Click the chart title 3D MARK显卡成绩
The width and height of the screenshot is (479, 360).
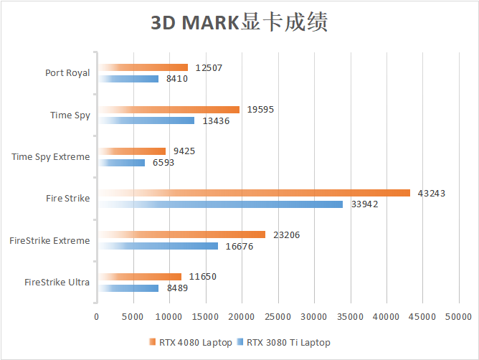[239, 22]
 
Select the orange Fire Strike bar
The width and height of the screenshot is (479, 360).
[254, 193]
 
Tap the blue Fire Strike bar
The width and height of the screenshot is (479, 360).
[220, 204]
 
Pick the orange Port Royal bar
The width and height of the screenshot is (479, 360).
[143, 67]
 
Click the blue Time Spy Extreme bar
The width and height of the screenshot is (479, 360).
[121, 163]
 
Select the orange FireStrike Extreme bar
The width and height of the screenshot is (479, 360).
[181, 235]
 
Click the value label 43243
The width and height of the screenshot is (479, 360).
[430, 193]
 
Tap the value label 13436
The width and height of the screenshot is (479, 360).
[217, 121]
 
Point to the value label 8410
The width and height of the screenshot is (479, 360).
[176, 79]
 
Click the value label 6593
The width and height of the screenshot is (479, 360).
[163, 163]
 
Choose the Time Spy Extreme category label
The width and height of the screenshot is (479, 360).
[51, 156]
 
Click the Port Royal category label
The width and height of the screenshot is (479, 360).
[67, 72]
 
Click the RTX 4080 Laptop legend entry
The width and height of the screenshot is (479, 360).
[190, 343]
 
